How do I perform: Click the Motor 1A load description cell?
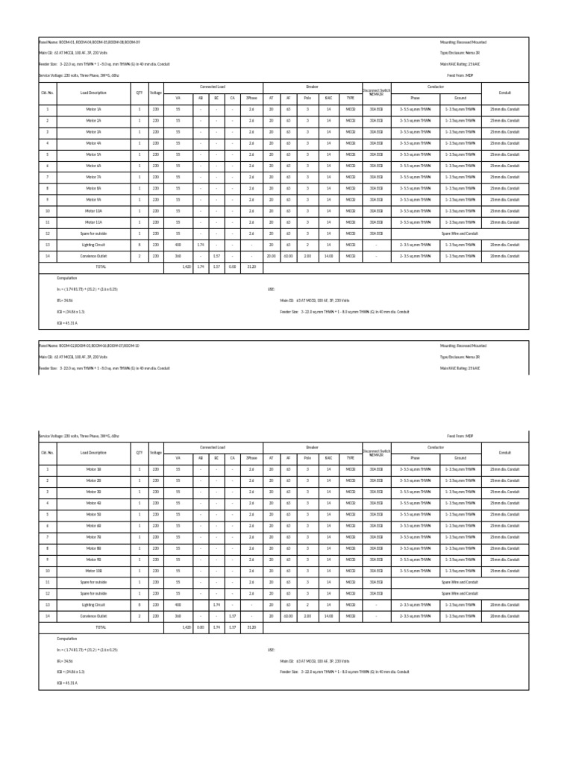coord(93,109)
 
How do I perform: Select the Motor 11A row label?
coord(93,222)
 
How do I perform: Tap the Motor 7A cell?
coord(93,177)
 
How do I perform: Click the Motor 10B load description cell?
coord(93,571)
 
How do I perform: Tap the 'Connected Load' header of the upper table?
coord(212,87)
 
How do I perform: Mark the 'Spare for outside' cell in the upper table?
coord(93,234)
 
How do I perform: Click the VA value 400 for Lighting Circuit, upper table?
coord(178,245)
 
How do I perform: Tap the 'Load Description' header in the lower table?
coord(93,452)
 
